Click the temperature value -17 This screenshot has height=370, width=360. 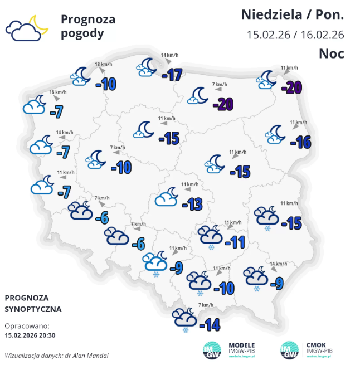coord(172,74)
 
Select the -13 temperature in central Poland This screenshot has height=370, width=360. coord(192,205)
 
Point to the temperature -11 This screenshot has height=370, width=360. coord(235,241)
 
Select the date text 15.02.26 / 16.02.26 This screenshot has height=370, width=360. coord(295,35)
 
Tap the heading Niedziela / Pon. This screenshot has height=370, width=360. coord(293,14)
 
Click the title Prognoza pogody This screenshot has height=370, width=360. coord(87,26)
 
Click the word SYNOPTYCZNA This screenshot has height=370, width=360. coord(33,309)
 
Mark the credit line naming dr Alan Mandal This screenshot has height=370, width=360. coord(56,355)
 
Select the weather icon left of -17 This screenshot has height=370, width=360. coord(147,67)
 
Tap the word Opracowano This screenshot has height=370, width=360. coord(27,326)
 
